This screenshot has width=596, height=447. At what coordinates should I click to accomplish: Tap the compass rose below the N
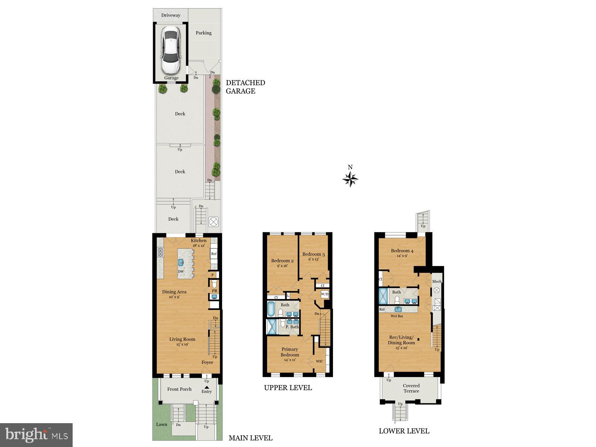[350, 180]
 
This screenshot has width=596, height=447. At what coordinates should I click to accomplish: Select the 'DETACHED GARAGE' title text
[245, 87]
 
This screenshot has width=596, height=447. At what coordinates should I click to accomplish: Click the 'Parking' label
[203, 33]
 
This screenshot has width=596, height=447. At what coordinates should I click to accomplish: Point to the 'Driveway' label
[171, 15]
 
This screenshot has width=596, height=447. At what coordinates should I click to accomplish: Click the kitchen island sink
[181, 262]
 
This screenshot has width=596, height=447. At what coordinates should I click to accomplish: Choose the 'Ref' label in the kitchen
[214, 254]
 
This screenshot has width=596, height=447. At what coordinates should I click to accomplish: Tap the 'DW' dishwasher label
[181, 272]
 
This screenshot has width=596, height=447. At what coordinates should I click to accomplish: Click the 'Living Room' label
[182, 339]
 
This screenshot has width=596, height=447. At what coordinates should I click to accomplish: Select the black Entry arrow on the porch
[206, 387]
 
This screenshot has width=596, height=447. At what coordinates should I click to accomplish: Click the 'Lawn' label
[162, 424]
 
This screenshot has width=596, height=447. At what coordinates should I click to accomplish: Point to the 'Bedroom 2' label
[282, 261]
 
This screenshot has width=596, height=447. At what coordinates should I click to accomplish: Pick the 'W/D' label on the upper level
[325, 294]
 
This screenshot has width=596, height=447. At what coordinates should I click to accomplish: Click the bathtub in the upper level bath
[271, 309]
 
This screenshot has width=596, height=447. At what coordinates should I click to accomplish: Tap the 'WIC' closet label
[319, 361]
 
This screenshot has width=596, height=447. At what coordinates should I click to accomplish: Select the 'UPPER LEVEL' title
[288, 388]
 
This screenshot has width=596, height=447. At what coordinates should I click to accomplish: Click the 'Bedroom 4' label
[402, 251]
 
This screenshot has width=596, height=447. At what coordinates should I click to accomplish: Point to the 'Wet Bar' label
[397, 316]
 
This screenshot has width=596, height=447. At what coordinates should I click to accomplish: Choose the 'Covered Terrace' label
[411, 388]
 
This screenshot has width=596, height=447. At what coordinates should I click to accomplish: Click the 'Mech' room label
[437, 281]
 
